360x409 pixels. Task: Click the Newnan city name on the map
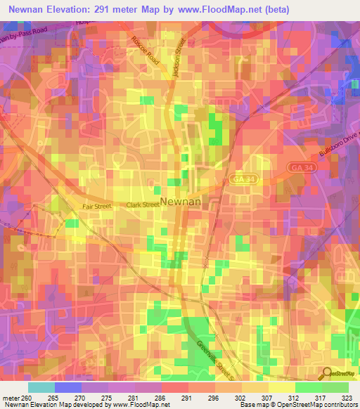pos(181,202)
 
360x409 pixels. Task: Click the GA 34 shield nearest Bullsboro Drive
pos(298,166)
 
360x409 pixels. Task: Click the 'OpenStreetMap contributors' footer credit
pos(321,405)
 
